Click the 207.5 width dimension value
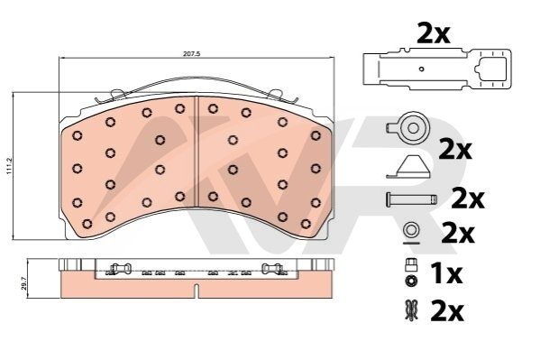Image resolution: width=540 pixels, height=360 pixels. click(x=193, y=54)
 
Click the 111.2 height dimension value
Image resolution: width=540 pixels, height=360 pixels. click(x=10, y=166)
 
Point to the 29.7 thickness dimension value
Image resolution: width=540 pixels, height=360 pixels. click(x=23, y=282)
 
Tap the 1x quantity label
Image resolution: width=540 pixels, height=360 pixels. click(x=446, y=273)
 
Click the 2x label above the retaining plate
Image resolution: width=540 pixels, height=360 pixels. click(x=434, y=33)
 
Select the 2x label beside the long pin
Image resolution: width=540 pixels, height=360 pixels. click(x=468, y=198)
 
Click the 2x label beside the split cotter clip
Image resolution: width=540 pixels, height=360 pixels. click(x=447, y=311)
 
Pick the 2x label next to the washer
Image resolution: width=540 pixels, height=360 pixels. click(x=458, y=234)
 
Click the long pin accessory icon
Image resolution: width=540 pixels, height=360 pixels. click(x=411, y=199)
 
